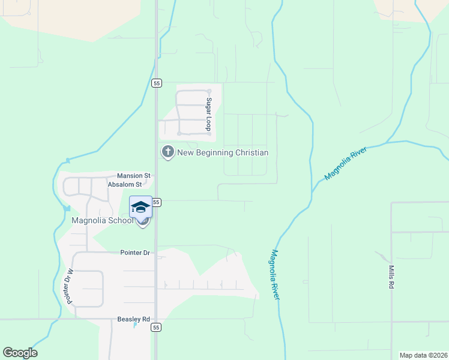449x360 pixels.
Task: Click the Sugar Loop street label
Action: pos(209,115)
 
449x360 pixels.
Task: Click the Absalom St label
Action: pos(124,185)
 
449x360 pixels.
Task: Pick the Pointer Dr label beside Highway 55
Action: pos(134,253)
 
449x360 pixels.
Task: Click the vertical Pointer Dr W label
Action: pos(68,286)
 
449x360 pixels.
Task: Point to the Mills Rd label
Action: pos(391,278)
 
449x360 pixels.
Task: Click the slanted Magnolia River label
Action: pos(345,163)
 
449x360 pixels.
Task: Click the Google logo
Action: pos(20,353)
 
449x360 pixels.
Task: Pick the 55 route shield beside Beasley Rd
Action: pos(156,328)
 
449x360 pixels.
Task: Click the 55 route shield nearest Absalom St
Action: pos(156,202)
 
